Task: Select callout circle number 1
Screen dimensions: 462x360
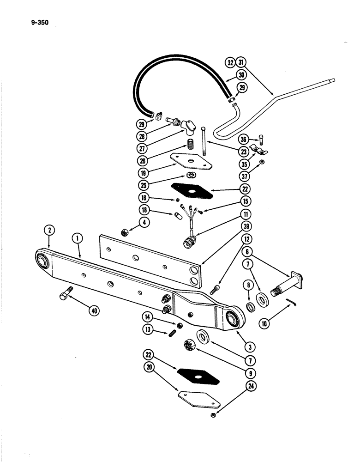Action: [x=77, y=239]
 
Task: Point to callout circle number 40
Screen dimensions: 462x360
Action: [x=95, y=310]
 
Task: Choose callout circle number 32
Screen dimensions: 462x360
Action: [x=231, y=62]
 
